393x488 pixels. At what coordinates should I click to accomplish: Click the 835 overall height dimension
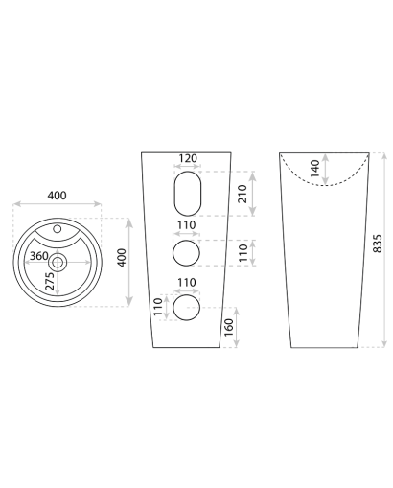click(378, 244)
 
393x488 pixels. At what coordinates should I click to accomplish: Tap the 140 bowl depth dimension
click(315, 169)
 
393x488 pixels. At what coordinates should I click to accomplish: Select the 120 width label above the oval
click(188, 158)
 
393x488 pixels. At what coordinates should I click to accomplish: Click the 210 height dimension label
click(243, 194)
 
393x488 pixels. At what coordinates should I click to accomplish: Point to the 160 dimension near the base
click(229, 327)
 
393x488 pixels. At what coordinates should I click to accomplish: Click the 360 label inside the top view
click(39, 256)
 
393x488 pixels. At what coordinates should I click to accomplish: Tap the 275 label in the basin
click(50, 281)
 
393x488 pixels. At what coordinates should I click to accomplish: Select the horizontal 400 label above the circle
click(58, 196)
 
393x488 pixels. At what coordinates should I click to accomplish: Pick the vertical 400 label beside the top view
click(122, 258)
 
